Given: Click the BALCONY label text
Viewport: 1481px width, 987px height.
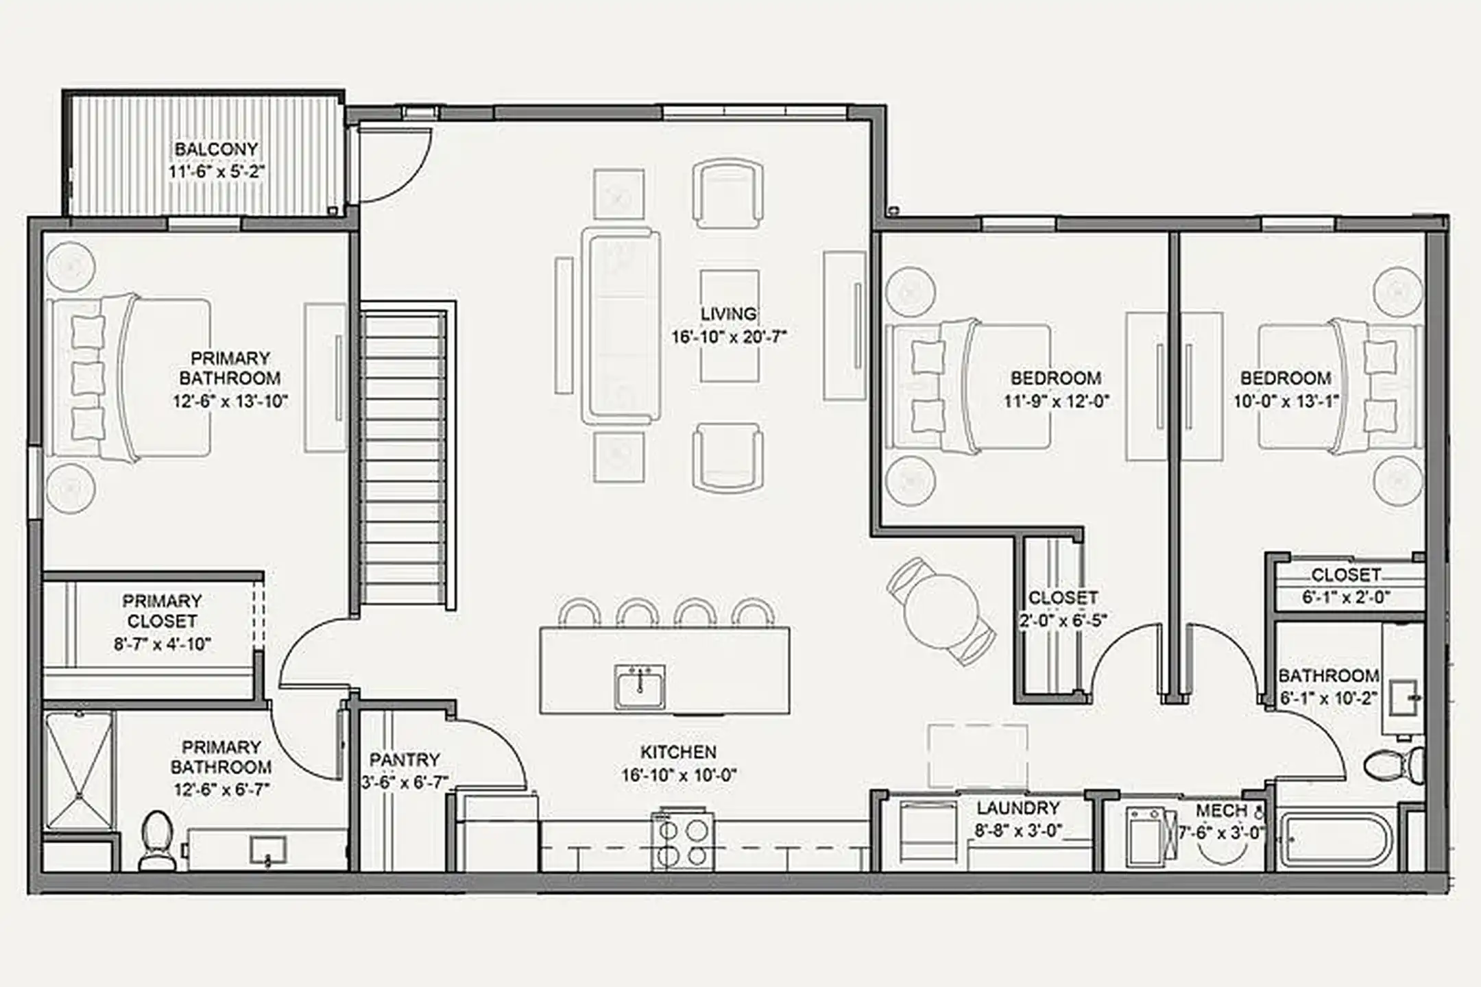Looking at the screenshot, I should pyautogui.click(x=216, y=149).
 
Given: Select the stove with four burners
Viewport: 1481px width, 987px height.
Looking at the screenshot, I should pyautogui.click(x=682, y=842).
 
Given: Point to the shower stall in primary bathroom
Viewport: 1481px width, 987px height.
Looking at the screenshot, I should pyautogui.click(x=79, y=771).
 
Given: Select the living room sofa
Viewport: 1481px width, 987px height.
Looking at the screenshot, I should pyautogui.click(x=621, y=326).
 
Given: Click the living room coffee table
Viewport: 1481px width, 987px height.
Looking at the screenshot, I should pyautogui.click(x=729, y=326).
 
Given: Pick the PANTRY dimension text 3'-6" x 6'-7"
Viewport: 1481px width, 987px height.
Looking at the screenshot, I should pyautogui.click(x=405, y=782).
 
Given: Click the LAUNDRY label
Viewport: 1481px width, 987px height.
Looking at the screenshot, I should pyautogui.click(x=1018, y=808).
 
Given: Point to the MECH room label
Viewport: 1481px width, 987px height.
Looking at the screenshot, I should pyautogui.click(x=1221, y=811).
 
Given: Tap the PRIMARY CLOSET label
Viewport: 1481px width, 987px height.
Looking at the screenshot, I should pyautogui.click(x=162, y=611).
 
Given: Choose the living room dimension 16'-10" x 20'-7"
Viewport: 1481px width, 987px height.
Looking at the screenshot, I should pyautogui.click(x=728, y=337).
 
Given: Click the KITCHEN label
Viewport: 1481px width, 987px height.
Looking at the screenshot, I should pyautogui.click(x=678, y=752).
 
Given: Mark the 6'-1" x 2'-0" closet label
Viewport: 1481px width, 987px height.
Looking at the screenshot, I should pyautogui.click(x=1346, y=596).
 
